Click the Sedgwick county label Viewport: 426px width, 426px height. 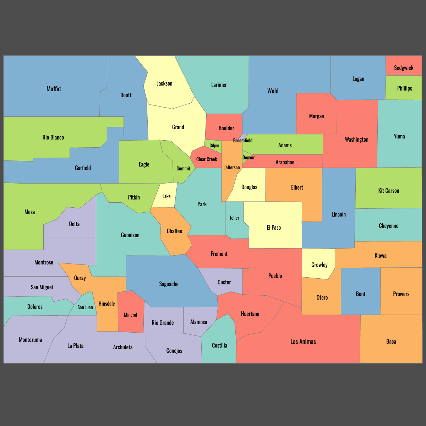[404, 68]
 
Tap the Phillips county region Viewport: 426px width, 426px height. [404, 88]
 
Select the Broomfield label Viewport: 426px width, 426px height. [243, 141]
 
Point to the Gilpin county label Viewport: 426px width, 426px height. [214, 146]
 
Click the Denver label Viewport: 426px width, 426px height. [248, 158]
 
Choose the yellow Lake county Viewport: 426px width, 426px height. [166, 196]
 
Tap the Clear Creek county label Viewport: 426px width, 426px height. [207, 159]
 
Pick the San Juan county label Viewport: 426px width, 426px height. [85, 307]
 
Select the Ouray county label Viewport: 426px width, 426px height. [80, 278]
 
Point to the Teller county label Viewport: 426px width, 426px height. [234, 218]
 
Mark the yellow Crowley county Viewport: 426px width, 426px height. [319, 265]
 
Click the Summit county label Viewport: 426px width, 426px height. [184, 169]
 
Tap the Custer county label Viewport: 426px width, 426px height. [224, 282]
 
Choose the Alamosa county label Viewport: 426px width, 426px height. [198, 322]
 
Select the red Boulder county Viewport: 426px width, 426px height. [226, 128]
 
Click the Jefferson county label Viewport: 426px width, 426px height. [232, 168]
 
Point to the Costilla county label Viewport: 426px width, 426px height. [219, 345]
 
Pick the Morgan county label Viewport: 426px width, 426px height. [316, 116]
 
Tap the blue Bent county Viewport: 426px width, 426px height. [360, 294]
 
